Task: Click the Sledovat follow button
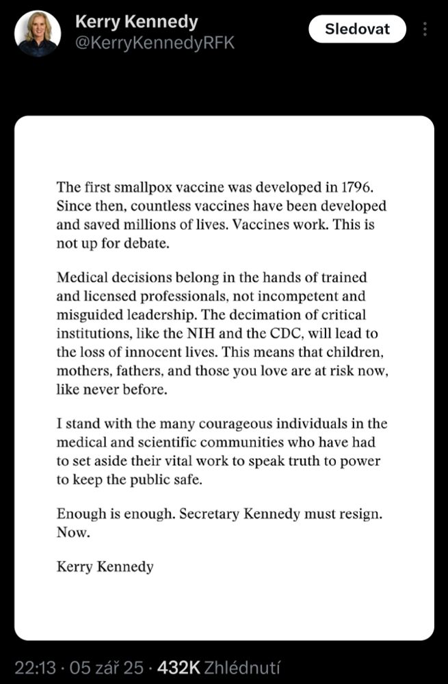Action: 357,29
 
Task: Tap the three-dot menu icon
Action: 425,29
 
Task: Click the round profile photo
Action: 37,33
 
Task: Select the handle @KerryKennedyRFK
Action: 155,42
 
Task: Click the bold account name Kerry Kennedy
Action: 136,21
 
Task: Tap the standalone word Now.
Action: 73,532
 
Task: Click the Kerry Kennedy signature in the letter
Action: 105,567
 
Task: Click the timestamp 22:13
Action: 34,667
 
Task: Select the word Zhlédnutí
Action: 241,667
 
